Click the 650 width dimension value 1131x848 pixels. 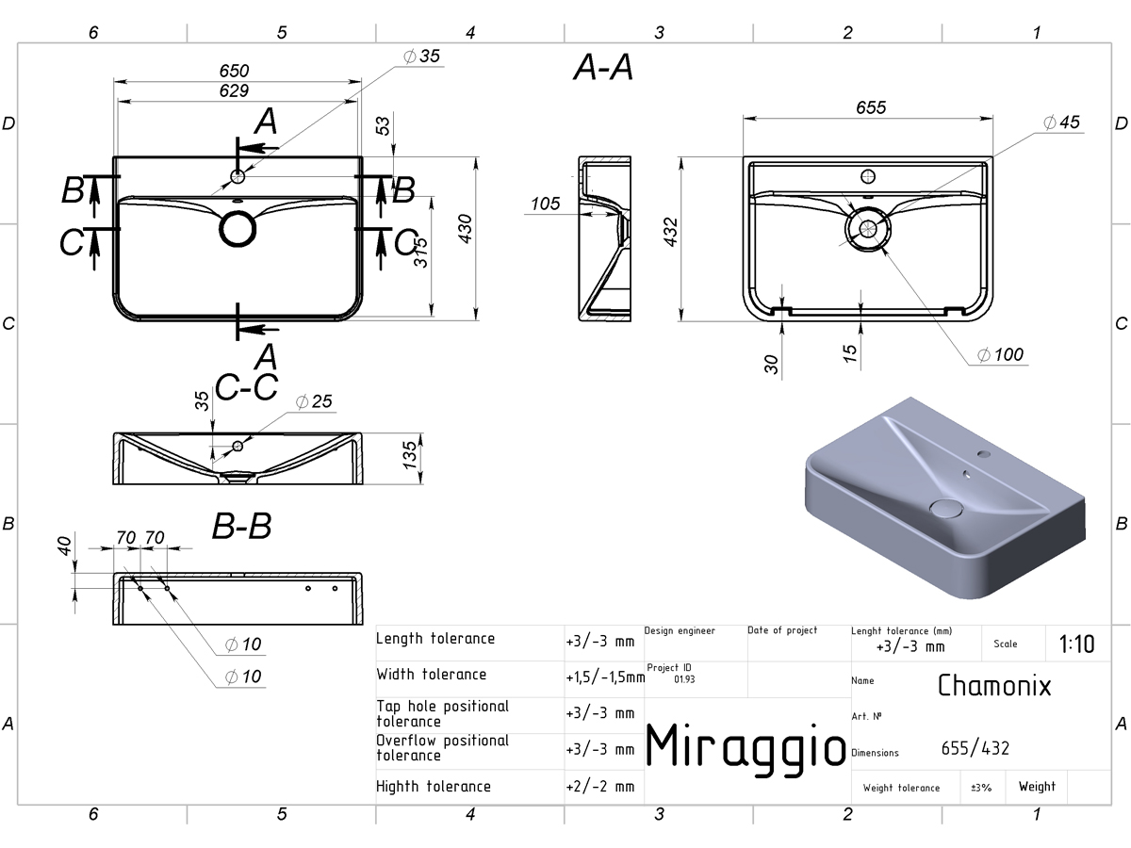click(x=234, y=71)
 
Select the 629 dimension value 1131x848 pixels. click(x=234, y=90)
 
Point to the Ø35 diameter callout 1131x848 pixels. click(x=421, y=57)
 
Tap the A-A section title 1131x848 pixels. click(x=603, y=68)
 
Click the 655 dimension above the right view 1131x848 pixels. click(x=871, y=107)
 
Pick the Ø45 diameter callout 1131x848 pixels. click(x=1061, y=122)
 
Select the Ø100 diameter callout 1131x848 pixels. click(x=1000, y=355)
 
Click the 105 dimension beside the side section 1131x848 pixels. click(x=545, y=204)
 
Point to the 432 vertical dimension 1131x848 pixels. click(x=670, y=232)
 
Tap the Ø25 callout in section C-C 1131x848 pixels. click(x=314, y=401)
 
